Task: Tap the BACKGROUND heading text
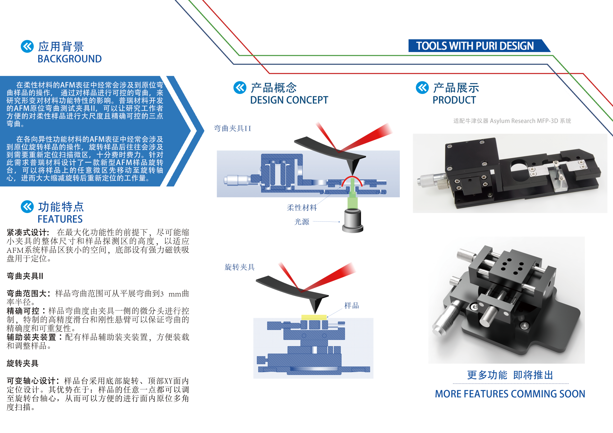pos(70,59)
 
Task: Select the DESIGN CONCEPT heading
pos(289,100)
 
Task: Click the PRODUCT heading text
pos(454,100)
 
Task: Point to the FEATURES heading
pos(60,219)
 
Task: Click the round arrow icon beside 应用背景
pos(27,46)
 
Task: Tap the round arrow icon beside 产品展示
pos(422,87)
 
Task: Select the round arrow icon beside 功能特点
pos(27,206)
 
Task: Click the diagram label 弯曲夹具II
pos(233,128)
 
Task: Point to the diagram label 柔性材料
pos(302,207)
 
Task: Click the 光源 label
pos(302,222)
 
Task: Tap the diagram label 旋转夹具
pos(239,267)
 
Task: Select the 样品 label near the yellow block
pos(351,306)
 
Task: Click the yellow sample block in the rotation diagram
pos(314,317)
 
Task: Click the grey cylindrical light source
pos(353,221)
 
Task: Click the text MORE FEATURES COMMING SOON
pos(510,394)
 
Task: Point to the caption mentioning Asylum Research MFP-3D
pos(512,121)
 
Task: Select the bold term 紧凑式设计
pos(28,232)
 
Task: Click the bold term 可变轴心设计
pos(32,381)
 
